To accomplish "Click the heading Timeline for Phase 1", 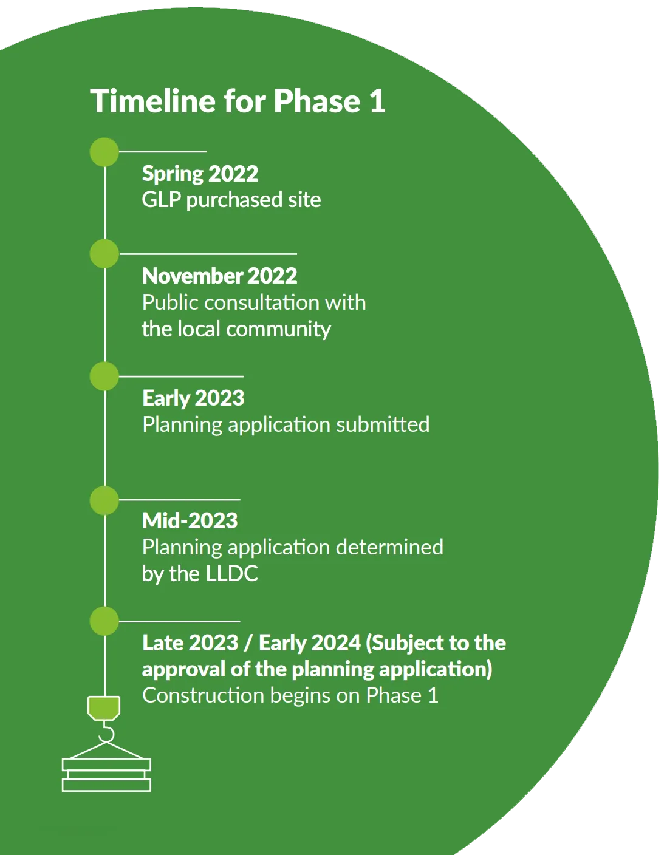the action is (x=238, y=101).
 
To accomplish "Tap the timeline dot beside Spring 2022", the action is (x=104, y=152).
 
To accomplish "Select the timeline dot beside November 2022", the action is (x=104, y=254).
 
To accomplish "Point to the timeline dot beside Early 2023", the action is (x=104, y=376).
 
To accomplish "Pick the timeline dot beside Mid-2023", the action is (x=104, y=500).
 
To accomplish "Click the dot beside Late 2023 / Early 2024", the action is (x=104, y=621).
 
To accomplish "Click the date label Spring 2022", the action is (x=200, y=174).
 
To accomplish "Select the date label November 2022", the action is (x=219, y=276).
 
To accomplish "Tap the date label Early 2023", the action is (x=193, y=398).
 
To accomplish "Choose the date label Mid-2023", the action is (x=190, y=520).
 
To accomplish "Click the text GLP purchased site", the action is (x=231, y=200).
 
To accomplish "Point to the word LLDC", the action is (x=232, y=574).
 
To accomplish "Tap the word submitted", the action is (x=383, y=424).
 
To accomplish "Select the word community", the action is (x=279, y=329).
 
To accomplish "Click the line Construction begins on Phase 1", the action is (x=290, y=696).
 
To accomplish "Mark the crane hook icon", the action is (x=106, y=732).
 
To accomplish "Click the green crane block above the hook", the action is (x=104, y=708).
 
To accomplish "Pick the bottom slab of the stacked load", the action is (x=107, y=785).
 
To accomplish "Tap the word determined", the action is (x=389, y=547).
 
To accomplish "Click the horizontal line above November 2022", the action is (x=208, y=254).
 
